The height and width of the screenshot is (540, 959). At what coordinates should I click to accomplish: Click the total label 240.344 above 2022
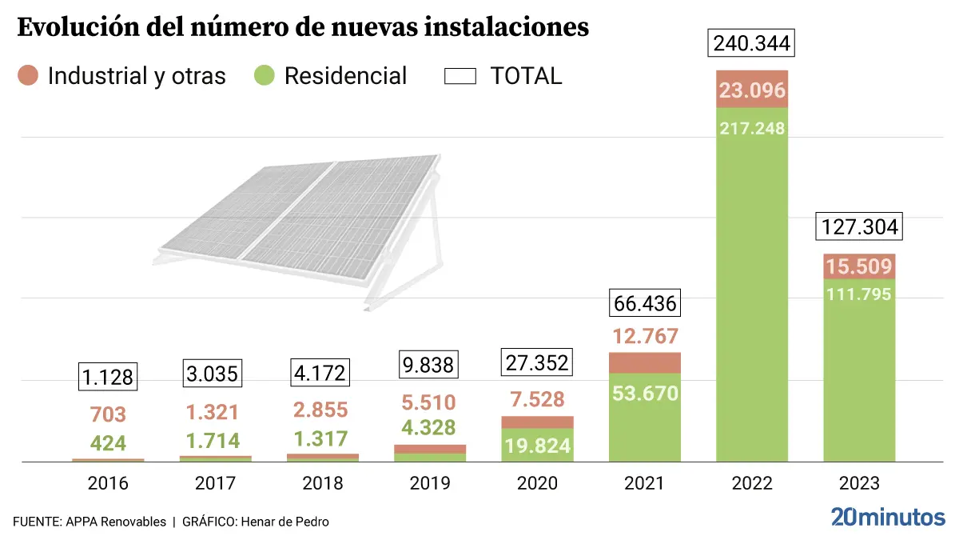point(752,43)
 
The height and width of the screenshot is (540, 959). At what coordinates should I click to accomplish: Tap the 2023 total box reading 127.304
point(859,227)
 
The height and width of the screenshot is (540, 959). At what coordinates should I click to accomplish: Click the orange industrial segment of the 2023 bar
point(859,266)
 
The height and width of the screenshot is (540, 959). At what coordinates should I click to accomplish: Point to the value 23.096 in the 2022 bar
point(752,90)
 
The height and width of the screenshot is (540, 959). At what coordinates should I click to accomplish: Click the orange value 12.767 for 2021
point(644,336)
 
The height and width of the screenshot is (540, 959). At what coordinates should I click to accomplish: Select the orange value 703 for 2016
point(109,414)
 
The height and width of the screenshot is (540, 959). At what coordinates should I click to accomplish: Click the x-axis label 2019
point(430,483)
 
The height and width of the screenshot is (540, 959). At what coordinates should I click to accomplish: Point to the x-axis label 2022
point(752,483)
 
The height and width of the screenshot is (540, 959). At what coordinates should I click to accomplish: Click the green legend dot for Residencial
point(265,76)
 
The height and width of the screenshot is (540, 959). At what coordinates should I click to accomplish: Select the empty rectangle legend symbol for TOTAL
point(460,76)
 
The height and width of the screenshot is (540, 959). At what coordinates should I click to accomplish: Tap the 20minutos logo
point(887,517)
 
